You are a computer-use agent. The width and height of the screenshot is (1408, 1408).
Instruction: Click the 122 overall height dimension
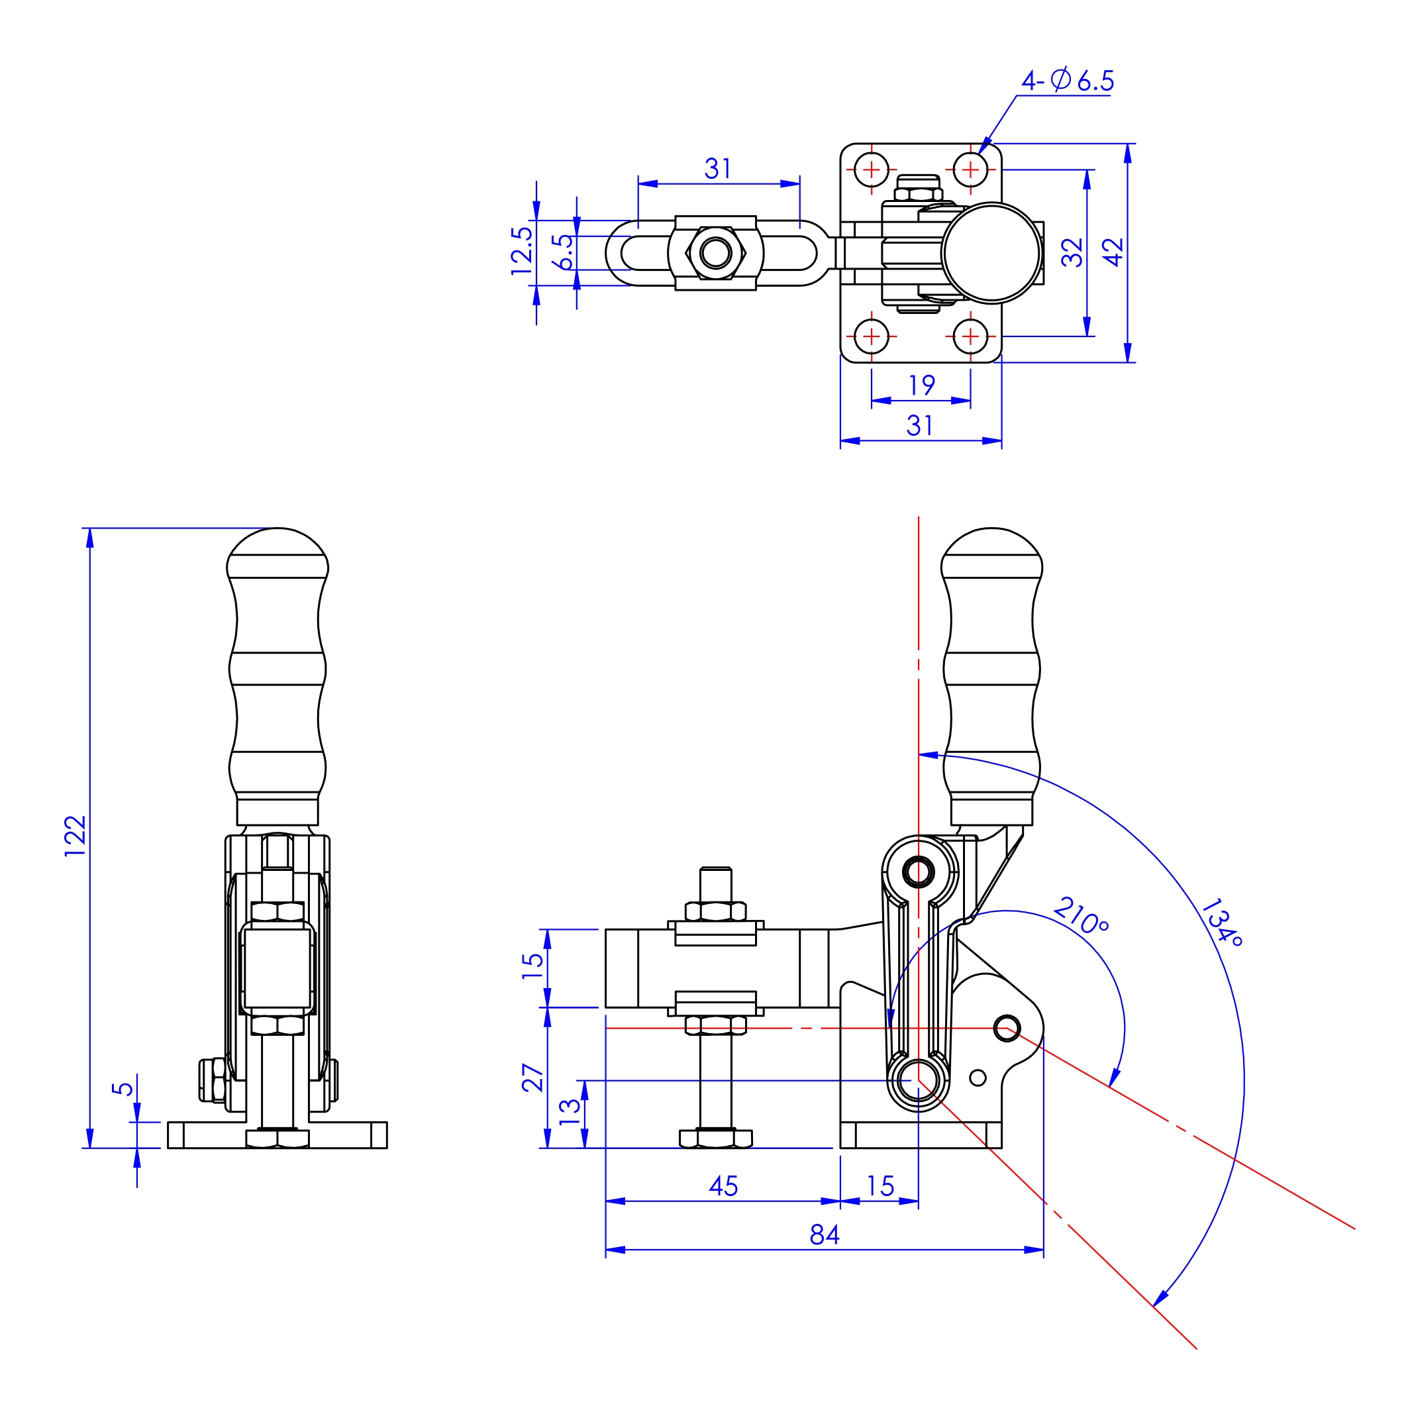pos(75,835)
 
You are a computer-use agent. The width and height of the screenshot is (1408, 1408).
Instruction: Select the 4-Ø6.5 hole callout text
pos(1067,80)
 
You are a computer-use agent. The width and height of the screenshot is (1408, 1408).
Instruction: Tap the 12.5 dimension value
pos(522,251)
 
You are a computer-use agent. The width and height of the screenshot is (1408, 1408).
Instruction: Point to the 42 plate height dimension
pos(1113,252)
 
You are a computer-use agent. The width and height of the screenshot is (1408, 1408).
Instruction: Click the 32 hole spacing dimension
pos(1072,252)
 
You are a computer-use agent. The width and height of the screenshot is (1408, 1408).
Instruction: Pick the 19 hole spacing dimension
pos(921,385)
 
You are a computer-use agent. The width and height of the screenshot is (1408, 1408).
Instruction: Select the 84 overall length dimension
pos(825,1234)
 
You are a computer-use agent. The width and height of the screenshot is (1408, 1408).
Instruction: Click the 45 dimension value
pos(723,1186)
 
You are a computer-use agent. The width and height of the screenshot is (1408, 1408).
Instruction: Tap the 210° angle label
pos(1081,915)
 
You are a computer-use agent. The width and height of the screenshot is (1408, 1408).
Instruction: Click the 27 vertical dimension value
pos(532,1078)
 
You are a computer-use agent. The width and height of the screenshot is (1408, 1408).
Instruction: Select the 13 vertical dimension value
pos(569,1112)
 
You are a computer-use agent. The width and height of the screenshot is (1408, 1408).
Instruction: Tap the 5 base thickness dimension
pos(123,1089)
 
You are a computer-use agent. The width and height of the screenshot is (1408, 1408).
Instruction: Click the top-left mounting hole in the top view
pos(871,170)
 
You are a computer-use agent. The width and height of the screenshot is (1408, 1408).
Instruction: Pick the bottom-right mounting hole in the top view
pos(970,336)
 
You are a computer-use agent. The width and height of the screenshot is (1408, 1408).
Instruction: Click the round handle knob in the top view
pos(991,252)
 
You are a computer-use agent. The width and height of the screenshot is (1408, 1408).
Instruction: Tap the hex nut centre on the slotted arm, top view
pos(716,253)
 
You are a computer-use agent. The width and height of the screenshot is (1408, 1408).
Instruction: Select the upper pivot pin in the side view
pos(919,872)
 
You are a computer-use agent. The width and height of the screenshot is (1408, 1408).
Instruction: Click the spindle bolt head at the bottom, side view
pos(716,1138)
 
